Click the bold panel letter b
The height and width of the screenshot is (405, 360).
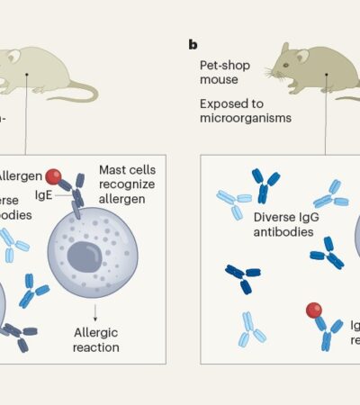point(193,43)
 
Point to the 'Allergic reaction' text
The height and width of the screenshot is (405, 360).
point(97,340)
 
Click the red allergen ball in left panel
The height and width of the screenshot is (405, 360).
point(54,175)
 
